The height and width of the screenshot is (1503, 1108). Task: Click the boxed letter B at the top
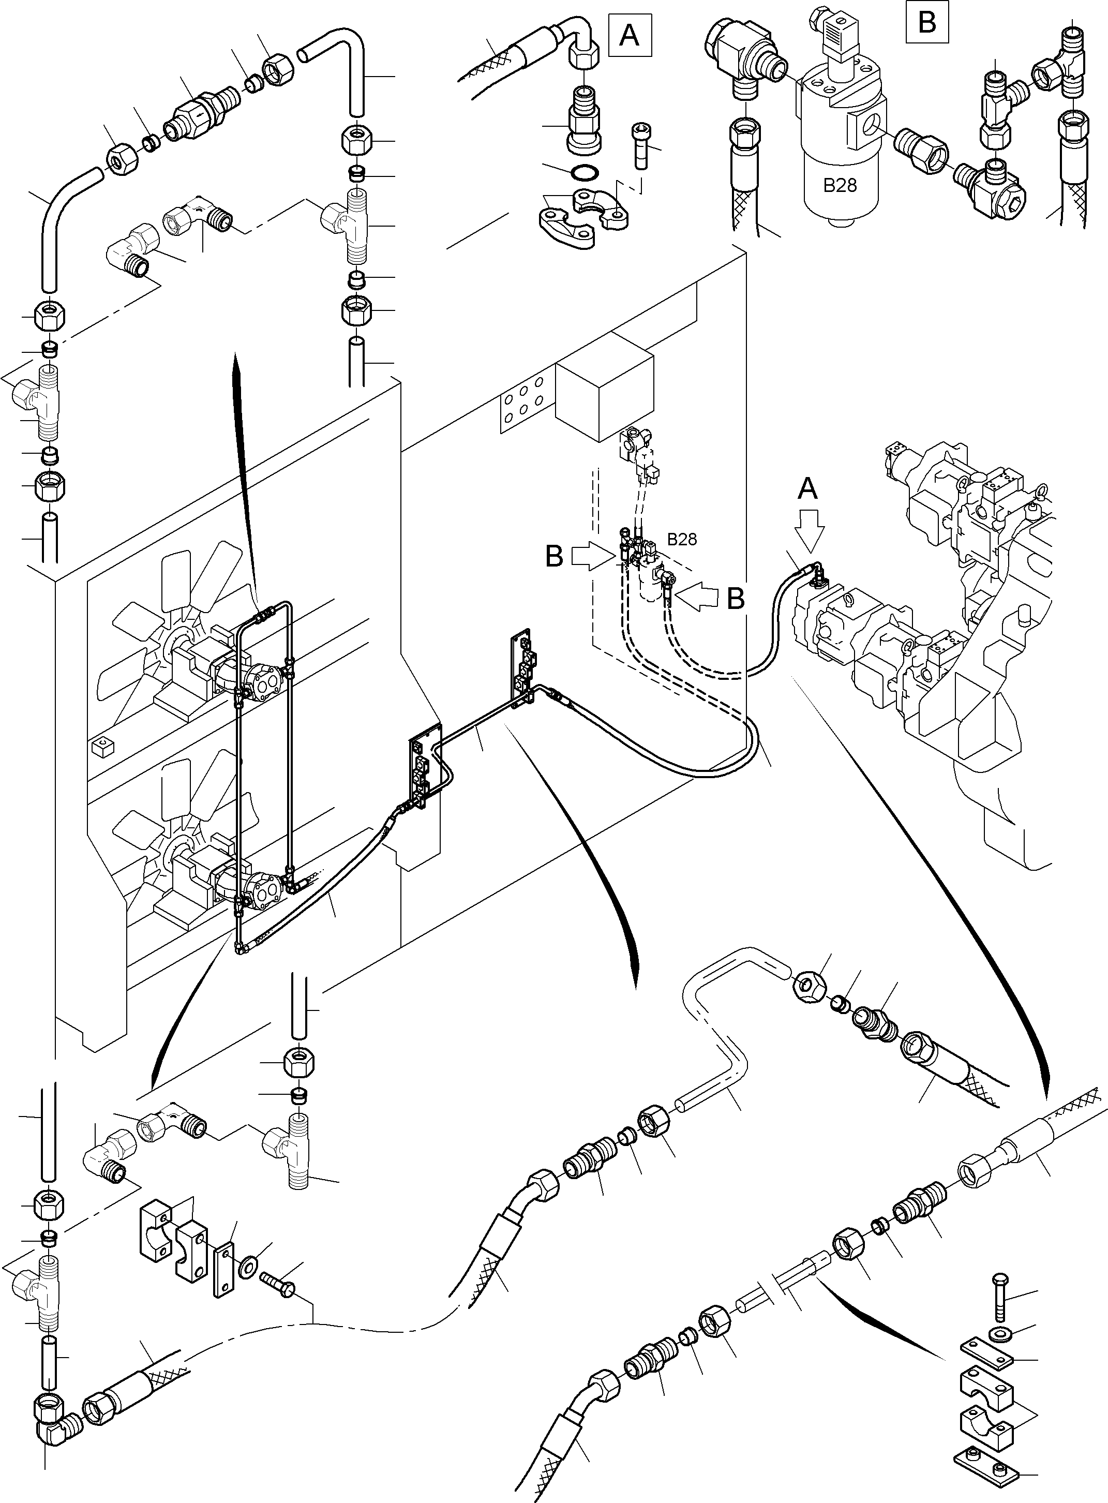927,22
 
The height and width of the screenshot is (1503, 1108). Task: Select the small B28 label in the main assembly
681,539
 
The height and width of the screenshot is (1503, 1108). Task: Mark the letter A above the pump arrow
808,488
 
